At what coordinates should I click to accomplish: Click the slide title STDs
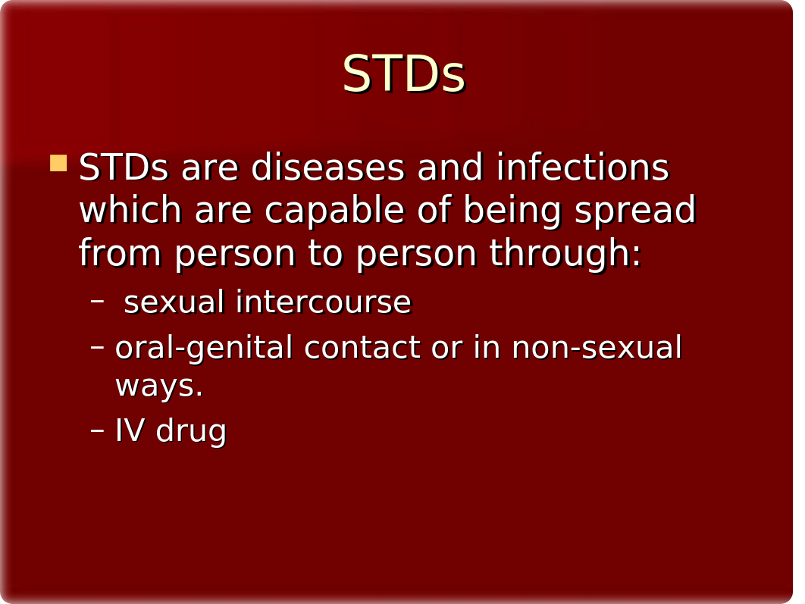coord(403,74)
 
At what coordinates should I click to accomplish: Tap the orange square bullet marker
coord(58,163)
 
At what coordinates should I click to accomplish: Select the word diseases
coord(327,167)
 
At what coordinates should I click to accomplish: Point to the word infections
coord(582,167)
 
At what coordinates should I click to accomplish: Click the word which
coord(130,210)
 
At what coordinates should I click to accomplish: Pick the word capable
coord(334,211)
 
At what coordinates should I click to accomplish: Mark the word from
coord(120,253)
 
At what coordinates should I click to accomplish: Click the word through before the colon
coord(560,254)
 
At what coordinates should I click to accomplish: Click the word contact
coord(362,348)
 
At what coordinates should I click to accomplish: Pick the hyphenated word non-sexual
coord(597,347)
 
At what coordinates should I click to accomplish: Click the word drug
coord(191,431)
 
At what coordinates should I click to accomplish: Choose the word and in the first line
coord(450,167)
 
